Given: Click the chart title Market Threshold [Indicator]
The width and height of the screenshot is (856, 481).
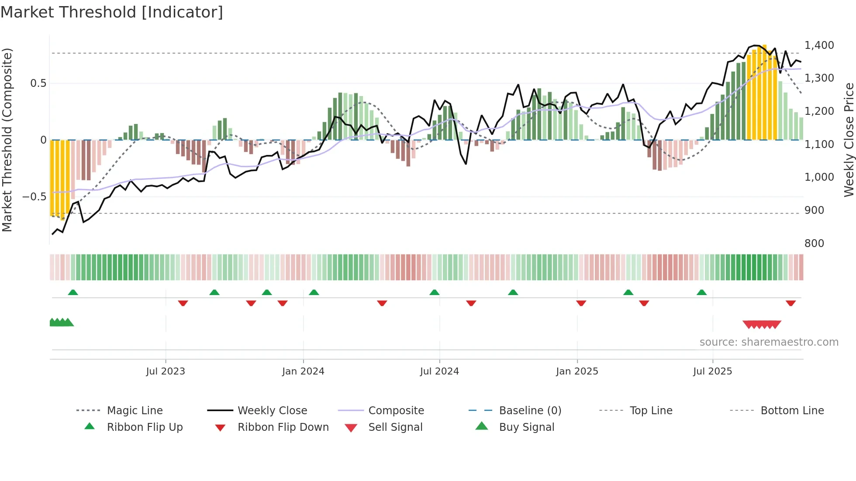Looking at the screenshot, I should (x=112, y=12).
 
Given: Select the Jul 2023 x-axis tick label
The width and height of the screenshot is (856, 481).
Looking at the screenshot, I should (x=166, y=371).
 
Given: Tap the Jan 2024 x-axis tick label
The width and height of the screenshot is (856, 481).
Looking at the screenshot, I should (x=303, y=371).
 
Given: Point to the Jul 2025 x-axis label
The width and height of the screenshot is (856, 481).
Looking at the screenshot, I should (x=712, y=371).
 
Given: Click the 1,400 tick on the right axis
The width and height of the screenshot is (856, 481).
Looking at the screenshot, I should (x=819, y=45).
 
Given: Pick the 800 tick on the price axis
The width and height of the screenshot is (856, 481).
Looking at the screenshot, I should (x=814, y=244).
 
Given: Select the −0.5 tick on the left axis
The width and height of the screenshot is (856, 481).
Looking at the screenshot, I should (x=34, y=197).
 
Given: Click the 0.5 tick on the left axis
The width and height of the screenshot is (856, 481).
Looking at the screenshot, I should (x=38, y=83).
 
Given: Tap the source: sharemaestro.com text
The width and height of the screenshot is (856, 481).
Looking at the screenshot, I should (x=769, y=342).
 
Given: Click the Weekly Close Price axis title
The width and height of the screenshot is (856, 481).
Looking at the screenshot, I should (x=849, y=140).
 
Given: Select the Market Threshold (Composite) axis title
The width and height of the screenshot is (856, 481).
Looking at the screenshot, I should (x=7, y=140).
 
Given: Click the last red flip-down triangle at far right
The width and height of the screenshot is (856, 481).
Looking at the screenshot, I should (x=790, y=303).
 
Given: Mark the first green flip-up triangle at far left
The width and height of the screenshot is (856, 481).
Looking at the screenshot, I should (x=73, y=292).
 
